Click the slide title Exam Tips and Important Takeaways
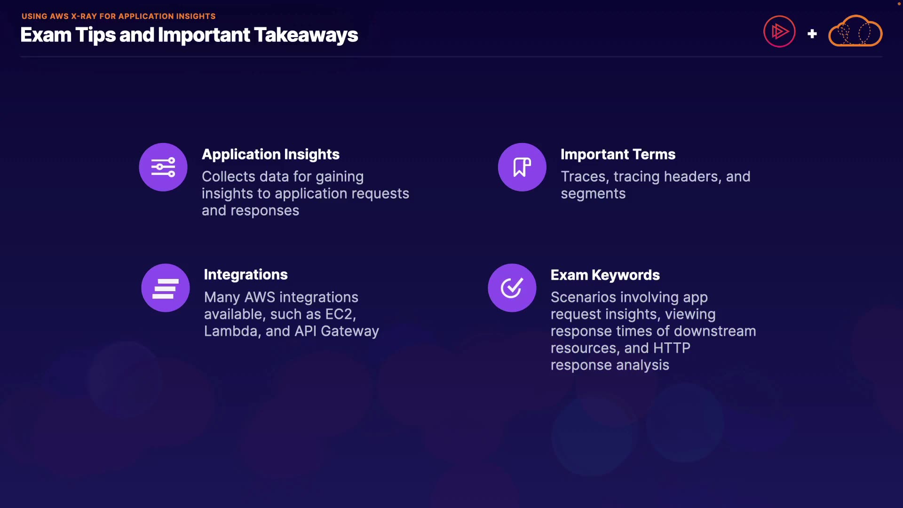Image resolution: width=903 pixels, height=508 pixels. pyautogui.click(x=189, y=35)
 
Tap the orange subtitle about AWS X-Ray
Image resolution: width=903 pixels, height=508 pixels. pyautogui.click(x=119, y=16)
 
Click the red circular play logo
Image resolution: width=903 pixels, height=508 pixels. pyautogui.click(x=779, y=32)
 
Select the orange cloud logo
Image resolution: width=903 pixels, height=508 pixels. pyautogui.click(x=855, y=31)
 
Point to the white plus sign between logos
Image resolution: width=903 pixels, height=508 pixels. pyautogui.click(x=812, y=34)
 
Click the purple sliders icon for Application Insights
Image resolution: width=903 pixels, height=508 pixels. pyautogui.click(x=163, y=167)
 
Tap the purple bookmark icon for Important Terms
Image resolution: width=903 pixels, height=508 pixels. pyautogui.click(x=522, y=167)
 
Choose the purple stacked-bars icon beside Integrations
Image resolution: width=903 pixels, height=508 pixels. pyautogui.click(x=166, y=288)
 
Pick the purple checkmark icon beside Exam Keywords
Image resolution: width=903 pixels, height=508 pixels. pyautogui.click(x=512, y=288)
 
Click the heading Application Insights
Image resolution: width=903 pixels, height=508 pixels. pyautogui.click(x=270, y=154)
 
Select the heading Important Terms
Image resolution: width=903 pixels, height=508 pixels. pyautogui.click(x=618, y=154)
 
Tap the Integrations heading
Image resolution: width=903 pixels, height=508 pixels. pyautogui.click(x=246, y=275)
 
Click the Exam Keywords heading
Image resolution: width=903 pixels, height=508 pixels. pyautogui.click(x=605, y=275)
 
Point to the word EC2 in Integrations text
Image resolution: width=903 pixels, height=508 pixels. pyautogui.click(x=341, y=314)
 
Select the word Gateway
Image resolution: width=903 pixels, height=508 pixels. pyautogui.click(x=350, y=332)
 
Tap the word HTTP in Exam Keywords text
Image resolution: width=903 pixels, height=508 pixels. pyautogui.click(x=672, y=348)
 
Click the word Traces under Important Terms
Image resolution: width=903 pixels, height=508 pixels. pyautogui.click(x=585, y=177)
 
